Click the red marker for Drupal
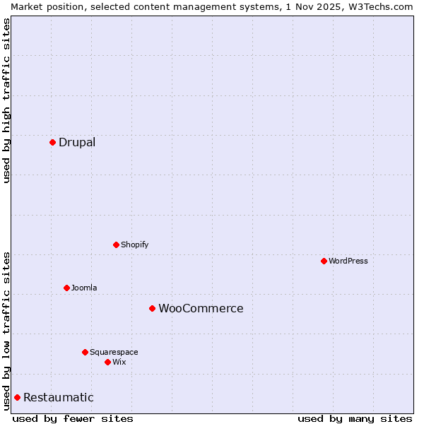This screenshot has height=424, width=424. pyautogui.click(x=52, y=142)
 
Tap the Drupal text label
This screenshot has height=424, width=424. pyautogui.click(x=77, y=142)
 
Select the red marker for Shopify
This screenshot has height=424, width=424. pyautogui.click(x=116, y=245)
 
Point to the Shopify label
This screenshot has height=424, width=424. pyautogui.click(x=134, y=245)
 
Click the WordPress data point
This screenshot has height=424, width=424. pyautogui.click(x=324, y=261)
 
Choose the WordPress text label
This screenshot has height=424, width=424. pyautogui.click(x=348, y=261)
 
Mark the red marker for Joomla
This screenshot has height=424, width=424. pyautogui.click(x=66, y=288)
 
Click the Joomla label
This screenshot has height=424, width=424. pyautogui.click(x=84, y=288)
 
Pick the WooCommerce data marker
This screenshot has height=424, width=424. pyautogui.click(x=152, y=308)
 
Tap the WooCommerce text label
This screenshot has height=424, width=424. pyautogui.click(x=201, y=308)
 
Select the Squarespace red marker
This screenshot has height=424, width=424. pyautogui.click(x=85, y=352)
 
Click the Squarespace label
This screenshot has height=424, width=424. pyautogui.click(x=114, y=352)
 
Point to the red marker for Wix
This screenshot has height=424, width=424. pyautogui.click(x=107, y=362)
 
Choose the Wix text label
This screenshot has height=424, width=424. pyautogui.click(x=119, y=362)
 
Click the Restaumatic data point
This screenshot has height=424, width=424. pyautogui.click(x=17, y=397)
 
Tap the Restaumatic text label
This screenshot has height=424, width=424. pyautogui.click(x=59, y=397)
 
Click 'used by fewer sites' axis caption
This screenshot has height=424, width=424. pyautogui.click(x=73, y=418)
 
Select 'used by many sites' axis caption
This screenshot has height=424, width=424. pyautogui.click(x=355, y=418)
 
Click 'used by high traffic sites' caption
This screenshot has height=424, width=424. pyautogui.click(x=6, y=100)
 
